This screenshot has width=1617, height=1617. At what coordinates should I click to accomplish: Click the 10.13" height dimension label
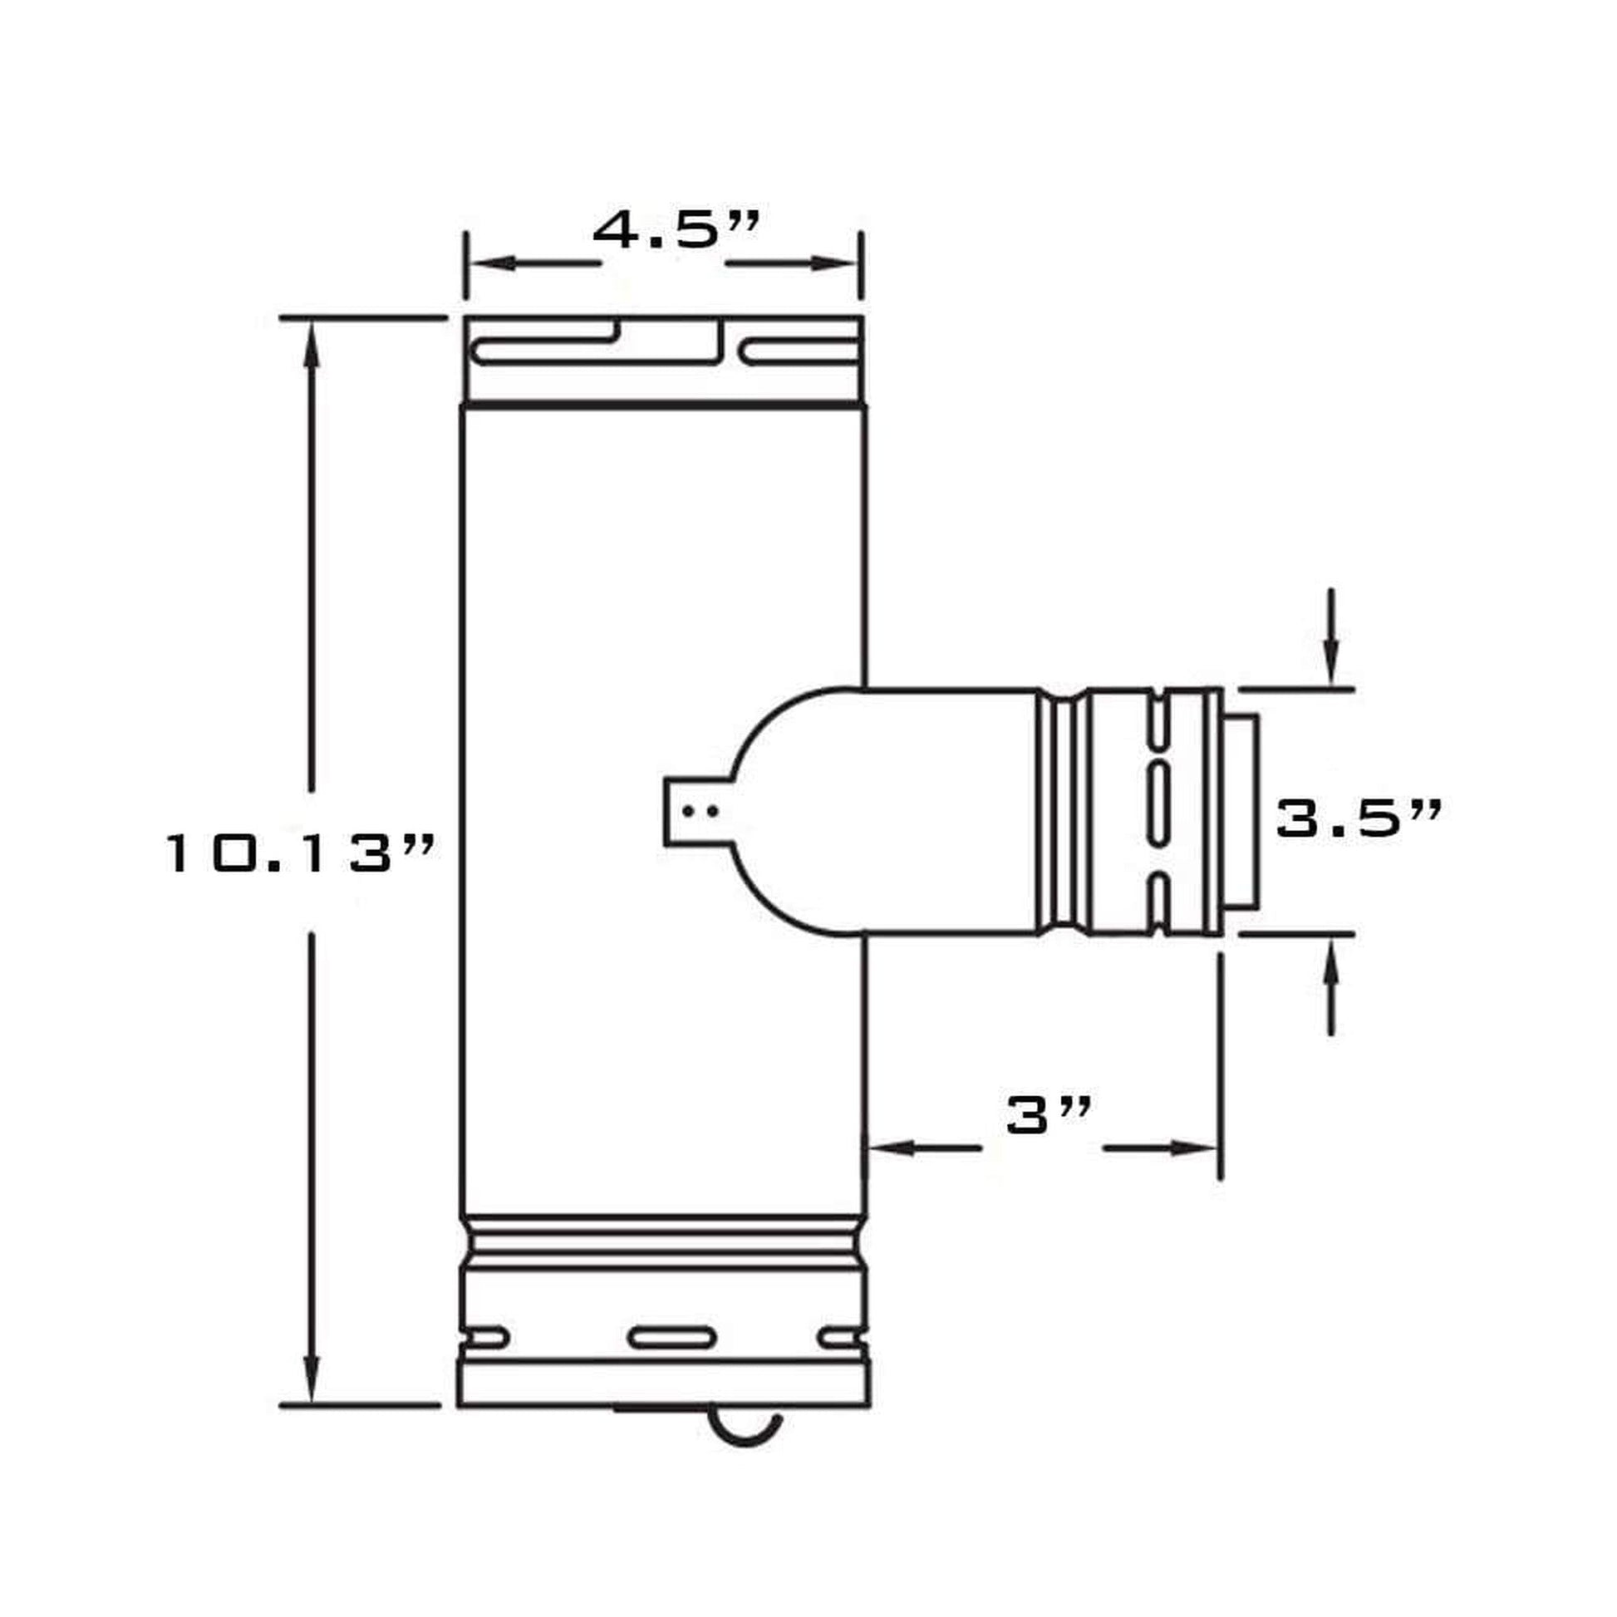pyautogui.click(x=300, y=853)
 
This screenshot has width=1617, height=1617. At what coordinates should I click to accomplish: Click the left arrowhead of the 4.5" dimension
pyautogui.click(x=489, y=263)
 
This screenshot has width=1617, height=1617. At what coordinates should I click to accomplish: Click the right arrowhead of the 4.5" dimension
pyautogui.click(x=838, y=263)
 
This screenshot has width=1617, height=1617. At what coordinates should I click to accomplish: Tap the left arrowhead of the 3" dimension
pyautogui.click(x=889, y=1148)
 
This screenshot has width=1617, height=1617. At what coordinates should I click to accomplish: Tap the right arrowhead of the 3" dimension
pyautogui.click(x=1195, y=1148)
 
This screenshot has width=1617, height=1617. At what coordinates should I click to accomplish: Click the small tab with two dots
pyautogui.click(x=691, y=810)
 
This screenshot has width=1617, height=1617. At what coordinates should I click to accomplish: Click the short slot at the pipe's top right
pyautogui.click(x=801, y=352)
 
